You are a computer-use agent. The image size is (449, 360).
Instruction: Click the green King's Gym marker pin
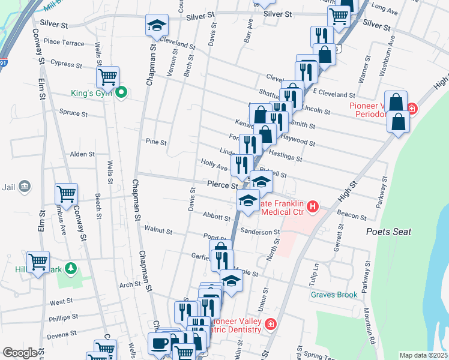[121, 92]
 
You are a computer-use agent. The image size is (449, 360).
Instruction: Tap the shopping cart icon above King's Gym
[108, 76]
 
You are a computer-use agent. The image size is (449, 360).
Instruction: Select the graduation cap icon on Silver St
[157, 25]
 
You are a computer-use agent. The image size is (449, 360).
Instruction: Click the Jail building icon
[25, 187]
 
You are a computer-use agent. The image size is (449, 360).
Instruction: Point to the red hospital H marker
[312, 207]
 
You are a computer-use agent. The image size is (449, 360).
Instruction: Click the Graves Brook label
[334, 295]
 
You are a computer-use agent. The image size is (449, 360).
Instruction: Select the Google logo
[20, 352]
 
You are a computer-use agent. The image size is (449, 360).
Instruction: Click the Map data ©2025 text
[423, 355]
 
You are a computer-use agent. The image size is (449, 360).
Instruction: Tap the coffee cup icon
[160, 344]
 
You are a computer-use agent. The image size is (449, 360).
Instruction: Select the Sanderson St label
[260, 232]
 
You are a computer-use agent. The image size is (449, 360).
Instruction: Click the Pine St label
[155, 142]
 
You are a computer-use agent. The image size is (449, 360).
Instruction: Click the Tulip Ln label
[313, 271]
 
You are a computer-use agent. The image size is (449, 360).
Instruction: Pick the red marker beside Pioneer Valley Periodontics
[412, 109]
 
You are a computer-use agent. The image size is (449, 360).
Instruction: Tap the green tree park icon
[71, 268]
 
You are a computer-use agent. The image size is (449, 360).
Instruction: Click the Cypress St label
[65, 63]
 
